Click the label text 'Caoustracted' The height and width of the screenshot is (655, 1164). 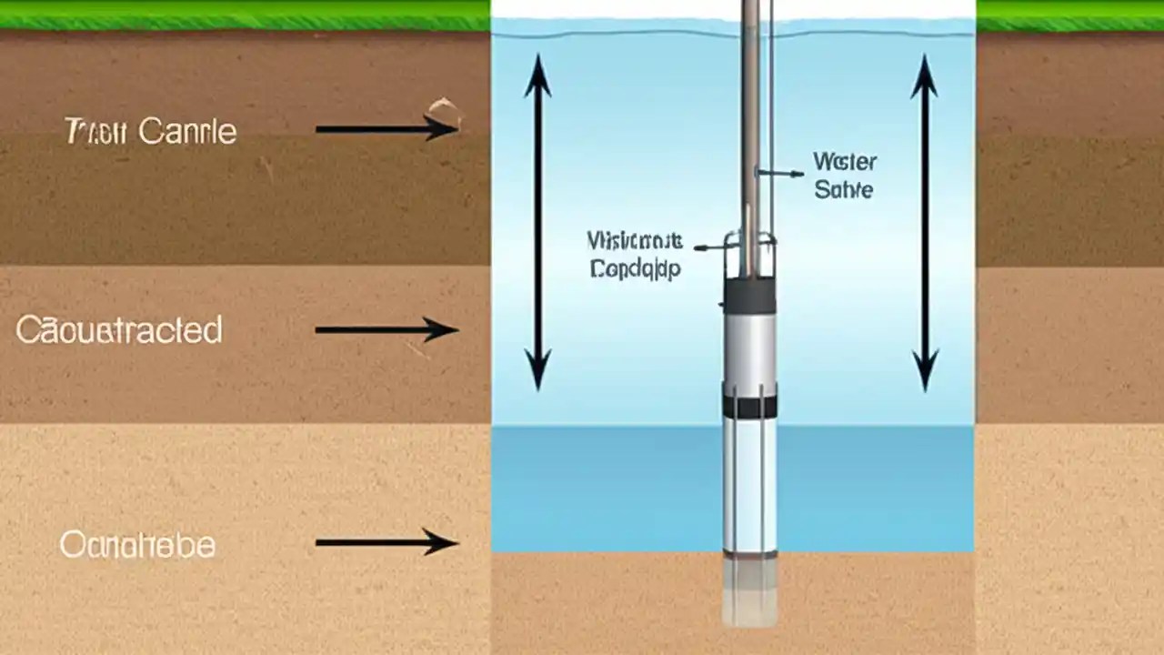tap(119, 329)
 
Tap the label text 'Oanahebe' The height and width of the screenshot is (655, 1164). tap(137, 546)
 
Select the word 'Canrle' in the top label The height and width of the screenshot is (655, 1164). tap(187, 132)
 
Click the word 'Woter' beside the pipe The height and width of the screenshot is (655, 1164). tap(845, 163)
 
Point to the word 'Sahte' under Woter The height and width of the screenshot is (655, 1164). tap(844, 190)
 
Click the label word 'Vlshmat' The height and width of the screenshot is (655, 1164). tap(634, 241)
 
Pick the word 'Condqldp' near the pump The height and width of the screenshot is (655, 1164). tap(634, 269)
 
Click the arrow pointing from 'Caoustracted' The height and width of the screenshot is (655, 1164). tap(386, 329)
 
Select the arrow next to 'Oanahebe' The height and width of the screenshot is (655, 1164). tap(386, 543)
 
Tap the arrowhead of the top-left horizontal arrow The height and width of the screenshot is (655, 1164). tap(446, 129)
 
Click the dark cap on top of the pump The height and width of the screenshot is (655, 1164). tap(749, 295)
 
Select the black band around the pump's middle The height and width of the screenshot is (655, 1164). tap(749, 407)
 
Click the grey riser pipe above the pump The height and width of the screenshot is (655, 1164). tap(750, 136)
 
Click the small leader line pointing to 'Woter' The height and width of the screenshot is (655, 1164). tap(780, 172)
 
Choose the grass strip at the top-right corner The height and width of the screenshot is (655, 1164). tap(1069, 15)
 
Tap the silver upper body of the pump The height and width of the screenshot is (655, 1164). tap(749, 350)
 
